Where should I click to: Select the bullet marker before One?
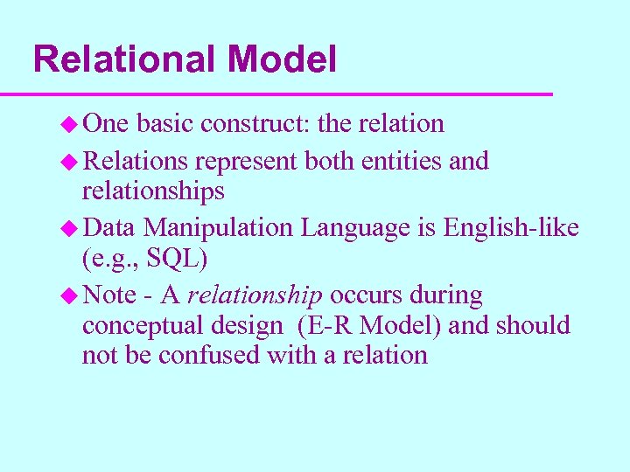tap(72, 125)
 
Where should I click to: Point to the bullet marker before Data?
tap(72, 229)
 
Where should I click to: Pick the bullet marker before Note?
tap(72, 296)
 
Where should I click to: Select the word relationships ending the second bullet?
tap(153, 191)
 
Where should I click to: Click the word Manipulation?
tap(219, 228)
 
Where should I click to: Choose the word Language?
tap(368, 228)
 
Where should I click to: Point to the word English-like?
tap(511, 228)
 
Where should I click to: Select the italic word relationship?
tap(255, 295)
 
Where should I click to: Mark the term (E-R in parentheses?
tap(325, 326)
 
